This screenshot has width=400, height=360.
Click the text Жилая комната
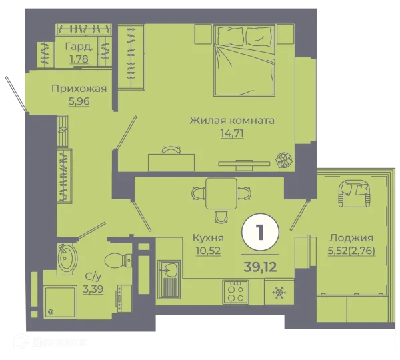pyautogui.click(x=232, y=121)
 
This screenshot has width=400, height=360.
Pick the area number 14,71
pyautogui.click(x=231, y=133)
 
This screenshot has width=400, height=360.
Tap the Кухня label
pyautogui.click(x=208, y=237)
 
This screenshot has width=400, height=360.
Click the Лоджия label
pyautogui.click(x=351, y=237)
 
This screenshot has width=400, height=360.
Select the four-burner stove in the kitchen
pyautogui.click(x=236, y=292)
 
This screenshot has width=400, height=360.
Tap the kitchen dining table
pyautogui.click(x=221, y=193)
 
